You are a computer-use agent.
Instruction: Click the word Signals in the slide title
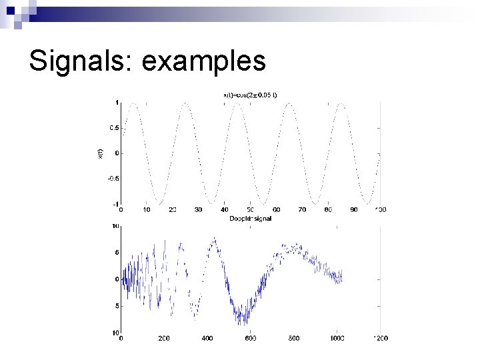[x=80, y=61]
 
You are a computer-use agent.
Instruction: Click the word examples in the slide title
[x=204, y=61]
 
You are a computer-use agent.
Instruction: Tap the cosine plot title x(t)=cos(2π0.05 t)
[x=250, y=95]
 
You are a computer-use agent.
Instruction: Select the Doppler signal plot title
[x=250, y=218]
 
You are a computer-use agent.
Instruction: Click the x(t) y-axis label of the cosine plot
[x=101, y=153]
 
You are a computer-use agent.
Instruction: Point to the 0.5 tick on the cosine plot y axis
[x=115, y=128]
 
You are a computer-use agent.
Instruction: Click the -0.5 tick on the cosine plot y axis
[x=114, y=179]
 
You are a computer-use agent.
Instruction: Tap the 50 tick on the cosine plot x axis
[x=250, y=210]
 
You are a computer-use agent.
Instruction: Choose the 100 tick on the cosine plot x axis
[x=380, y=210]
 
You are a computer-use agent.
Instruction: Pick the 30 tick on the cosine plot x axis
[x=198, y=210]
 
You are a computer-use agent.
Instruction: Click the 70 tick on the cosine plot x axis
[x=302, y=210]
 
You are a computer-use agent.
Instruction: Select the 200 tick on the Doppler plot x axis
[x=164, y=339]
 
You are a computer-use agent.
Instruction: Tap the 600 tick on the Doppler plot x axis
[x=250, y=339]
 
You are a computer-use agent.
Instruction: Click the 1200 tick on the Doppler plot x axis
[x=380, y=339]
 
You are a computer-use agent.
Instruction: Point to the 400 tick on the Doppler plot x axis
[x=207, y=339]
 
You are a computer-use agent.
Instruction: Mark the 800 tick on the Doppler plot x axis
[x=293, y=339]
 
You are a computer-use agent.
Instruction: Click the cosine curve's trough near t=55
[x=263, y=203]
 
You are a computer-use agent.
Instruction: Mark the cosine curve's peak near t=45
[x=237, y=103]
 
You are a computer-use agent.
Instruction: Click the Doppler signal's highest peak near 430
[x=214, y=237]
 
